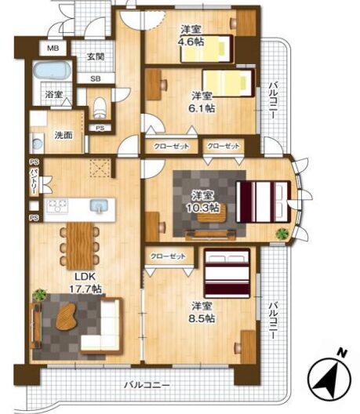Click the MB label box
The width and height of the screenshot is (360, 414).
click(53, 49)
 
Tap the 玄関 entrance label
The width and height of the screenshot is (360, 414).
click(96, 56)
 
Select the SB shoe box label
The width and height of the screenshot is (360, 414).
click(96, 78)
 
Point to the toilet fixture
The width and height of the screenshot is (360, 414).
click(100, 107)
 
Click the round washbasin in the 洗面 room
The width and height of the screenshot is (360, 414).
click(37, 143)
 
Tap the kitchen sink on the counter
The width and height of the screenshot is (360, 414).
click(99, 205)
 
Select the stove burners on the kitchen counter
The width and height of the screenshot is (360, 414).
click(56, 205)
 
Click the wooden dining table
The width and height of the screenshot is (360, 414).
click(80, 245)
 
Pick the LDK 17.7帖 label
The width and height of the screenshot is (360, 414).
click(85, 283)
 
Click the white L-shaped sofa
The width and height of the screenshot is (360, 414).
click(101, 325)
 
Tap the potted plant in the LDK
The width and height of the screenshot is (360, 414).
click(40, 295)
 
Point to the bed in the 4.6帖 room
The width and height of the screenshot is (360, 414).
click(206, 49)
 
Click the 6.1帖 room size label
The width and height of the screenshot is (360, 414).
click(202, 108)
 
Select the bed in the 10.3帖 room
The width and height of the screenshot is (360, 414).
click(263, 202)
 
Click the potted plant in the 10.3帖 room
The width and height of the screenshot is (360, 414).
click(282, 234)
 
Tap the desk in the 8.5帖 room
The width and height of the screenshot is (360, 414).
click(248, 347)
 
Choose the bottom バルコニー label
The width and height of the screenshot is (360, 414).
click(147, 385)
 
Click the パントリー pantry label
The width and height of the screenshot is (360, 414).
click(34, 180)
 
